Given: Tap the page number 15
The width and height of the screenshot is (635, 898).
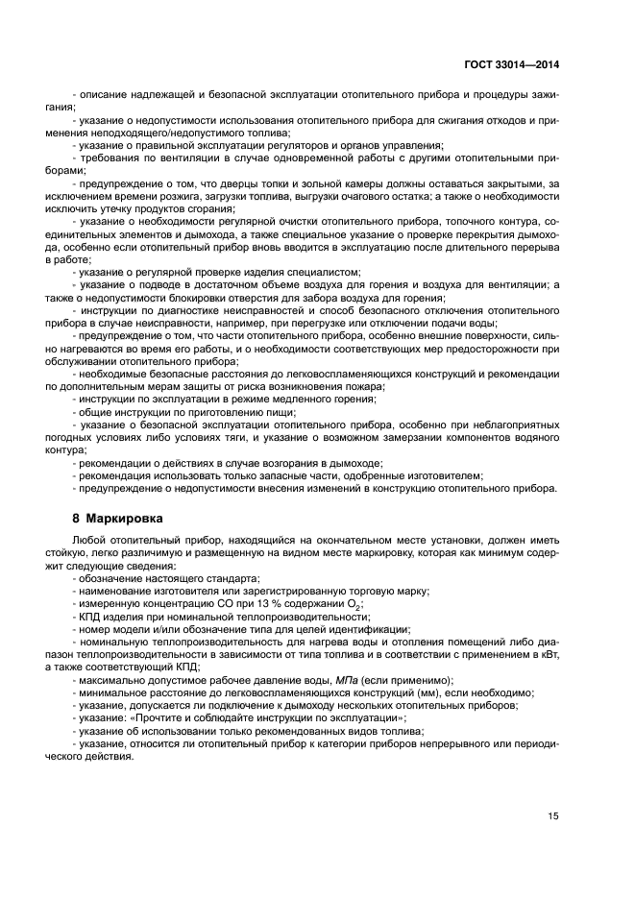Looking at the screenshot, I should click(553, 816).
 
